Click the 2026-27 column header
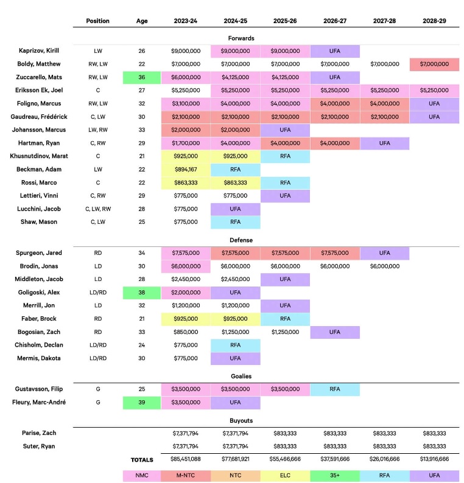tap(335, 21)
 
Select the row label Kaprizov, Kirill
tap(39, 51)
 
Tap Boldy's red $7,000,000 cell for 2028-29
tap(434, 64)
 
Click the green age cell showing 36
tap(142, 77)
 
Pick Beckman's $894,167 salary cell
tap(186, 170)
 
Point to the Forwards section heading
tap(241, 38)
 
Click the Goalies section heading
tap(241, 376)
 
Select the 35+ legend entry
tap(335, 475)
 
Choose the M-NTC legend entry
tap(186, 475)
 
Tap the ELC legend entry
tap(285, 475)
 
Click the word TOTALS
tap(142, 460)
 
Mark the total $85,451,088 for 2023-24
tap(186, 459)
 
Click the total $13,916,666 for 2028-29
tap(434, 459)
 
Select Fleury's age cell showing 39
tap(142, 403)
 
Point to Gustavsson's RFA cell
tap(335, 389)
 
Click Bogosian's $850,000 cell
tap(186, 332)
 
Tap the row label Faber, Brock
tap(39, 319)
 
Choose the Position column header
tap(98, 21)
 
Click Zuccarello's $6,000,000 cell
tap(186, 77)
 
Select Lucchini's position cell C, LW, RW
tap(98, 209)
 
